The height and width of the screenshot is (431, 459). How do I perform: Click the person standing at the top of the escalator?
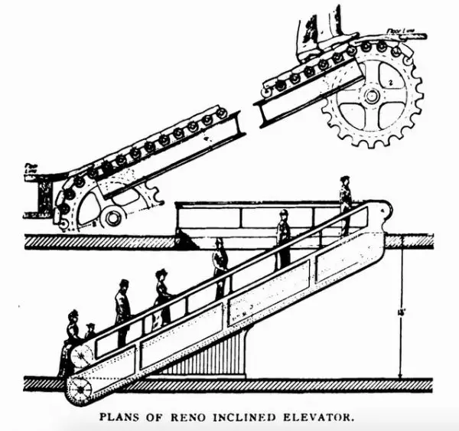click(346, 204)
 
